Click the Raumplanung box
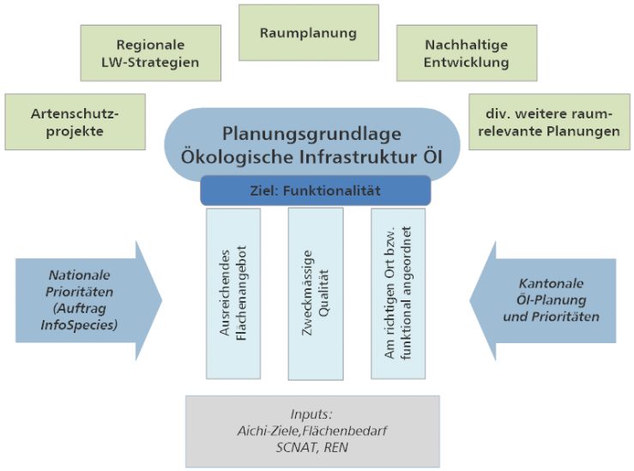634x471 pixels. click(x=308, y=33)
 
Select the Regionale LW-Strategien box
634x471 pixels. click(x=151, y=53)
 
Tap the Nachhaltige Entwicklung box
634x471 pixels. click(x=467, y=53)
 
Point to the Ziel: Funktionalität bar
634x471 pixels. click(x=315, y=190)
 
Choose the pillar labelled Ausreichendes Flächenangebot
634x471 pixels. click(x=232, y=293)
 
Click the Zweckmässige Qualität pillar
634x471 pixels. click(x=315, y=293)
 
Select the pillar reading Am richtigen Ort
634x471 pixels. click(x=397, y=293)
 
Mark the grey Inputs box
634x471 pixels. click(x=312, y=431)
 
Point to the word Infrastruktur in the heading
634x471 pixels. click(x=356, y=158)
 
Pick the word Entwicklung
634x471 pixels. click(x=467, y=62)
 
